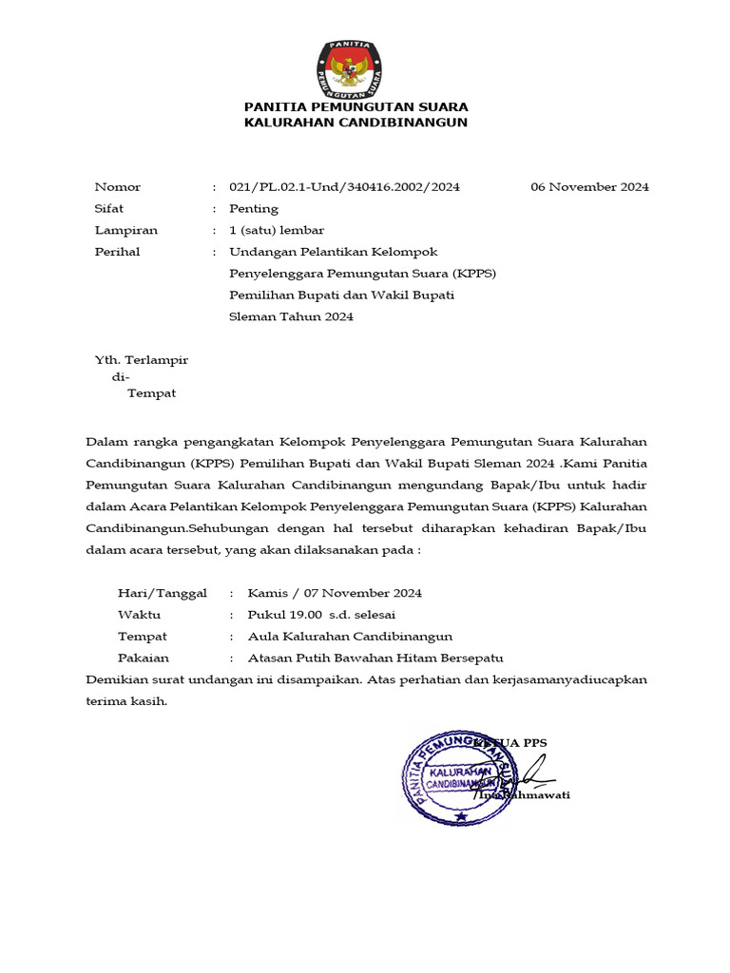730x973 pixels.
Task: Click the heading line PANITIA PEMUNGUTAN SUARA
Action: click(x=355, y=106)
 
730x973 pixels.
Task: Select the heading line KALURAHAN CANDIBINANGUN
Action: click(x=355, y=123)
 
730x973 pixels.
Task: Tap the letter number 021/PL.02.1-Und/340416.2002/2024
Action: click(x=344, y=187)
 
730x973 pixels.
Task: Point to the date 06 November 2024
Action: click(x=589, y=187)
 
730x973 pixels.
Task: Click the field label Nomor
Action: click(x=118, y=187)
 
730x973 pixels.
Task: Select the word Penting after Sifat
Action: click(x=254, y=209)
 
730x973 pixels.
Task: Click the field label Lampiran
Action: click(x=126, y=230)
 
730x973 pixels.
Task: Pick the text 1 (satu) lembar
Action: click(x=277, y=230)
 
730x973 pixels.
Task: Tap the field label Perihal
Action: click(x=118, y=252)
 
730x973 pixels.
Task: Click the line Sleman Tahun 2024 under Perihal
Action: click(x=291, y=316)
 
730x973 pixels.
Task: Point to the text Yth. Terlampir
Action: click(x=142, y=360)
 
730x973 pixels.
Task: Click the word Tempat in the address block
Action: click(x=152, y=393)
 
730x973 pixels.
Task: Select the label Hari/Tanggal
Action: click(x=163, y=593)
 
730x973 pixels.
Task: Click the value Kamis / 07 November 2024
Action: click(x=335, y=593)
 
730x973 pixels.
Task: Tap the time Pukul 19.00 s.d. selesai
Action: click(x=321, y=615)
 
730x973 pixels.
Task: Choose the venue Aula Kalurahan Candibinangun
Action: click(x=350, y=637)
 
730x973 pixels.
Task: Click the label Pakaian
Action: click(x=144, y=658)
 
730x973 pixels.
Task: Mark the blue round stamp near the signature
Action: click(x=459, y=773)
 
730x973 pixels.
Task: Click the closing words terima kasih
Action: click(x=126, y=701)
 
